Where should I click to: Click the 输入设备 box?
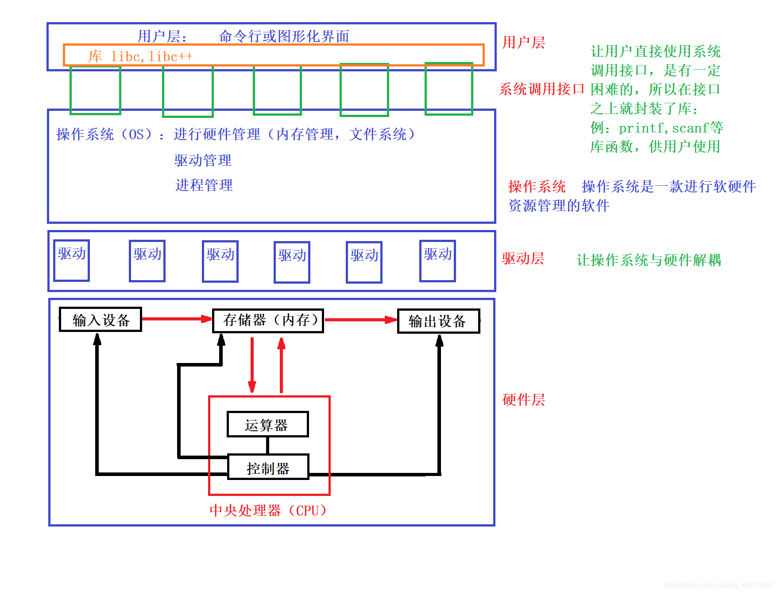(101, 320)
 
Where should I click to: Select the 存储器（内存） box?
(268, 320)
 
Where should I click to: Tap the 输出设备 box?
(438, 321)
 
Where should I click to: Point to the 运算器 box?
(267, 425)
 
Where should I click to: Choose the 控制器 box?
(268, 467)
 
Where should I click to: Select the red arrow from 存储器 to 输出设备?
(360, 320)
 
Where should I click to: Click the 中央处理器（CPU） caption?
(268, 511)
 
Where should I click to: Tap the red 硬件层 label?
(524, 400)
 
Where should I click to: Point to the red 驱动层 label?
(523, 258)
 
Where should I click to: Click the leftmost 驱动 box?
(72, 261)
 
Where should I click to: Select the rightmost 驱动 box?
(437, 261)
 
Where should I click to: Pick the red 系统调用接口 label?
(541, 89)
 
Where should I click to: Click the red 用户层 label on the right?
(524, 43)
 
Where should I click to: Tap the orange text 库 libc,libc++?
(141, 56)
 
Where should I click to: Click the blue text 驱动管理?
(203, 160)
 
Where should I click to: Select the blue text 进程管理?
(204, 185)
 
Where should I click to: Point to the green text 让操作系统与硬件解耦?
(649, 260)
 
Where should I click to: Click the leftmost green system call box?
(95, 90)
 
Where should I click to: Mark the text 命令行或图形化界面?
(284, 36)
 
